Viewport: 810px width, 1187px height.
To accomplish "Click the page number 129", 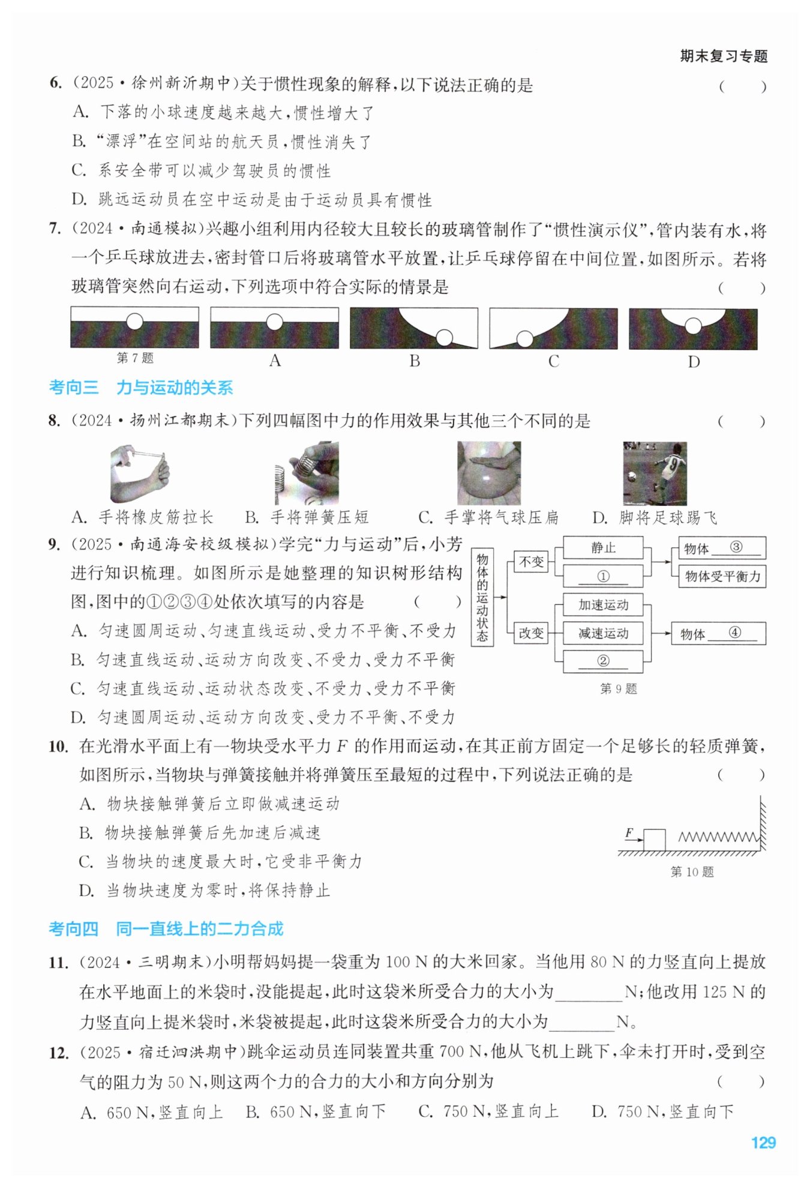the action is [763, 1142].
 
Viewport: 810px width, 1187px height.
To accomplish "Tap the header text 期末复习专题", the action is [724, 56].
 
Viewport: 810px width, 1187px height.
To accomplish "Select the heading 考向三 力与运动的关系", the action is [141, 388].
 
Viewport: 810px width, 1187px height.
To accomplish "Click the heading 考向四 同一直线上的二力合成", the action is [166, 929].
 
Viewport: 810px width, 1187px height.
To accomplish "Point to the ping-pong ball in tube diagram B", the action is [445, 338].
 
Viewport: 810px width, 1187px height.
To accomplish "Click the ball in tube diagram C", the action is [525, 339].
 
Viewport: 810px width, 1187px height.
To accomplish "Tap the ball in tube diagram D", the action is [693, 326].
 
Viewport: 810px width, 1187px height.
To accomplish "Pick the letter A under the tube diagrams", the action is [275, 361].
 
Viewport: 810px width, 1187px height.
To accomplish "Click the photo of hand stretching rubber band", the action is [140, 473].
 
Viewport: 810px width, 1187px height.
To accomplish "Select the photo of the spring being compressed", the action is [307, 473].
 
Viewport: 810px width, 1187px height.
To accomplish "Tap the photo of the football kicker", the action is [655, 473].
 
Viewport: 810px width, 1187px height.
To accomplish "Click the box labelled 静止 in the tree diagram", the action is [603, 548].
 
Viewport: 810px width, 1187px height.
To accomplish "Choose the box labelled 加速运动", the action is [603, 605].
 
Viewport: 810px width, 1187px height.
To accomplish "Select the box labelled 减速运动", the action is [603, 633].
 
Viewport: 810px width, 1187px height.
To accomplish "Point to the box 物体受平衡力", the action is [722, 577].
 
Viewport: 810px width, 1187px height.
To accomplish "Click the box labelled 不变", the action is [532, 562].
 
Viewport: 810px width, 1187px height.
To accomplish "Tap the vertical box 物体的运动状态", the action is [482, 597].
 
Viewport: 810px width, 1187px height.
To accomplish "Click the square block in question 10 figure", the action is [654, 840].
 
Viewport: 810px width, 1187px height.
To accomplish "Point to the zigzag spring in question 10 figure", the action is [719, 837].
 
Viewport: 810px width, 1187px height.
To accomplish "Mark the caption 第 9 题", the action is [619, 689].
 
